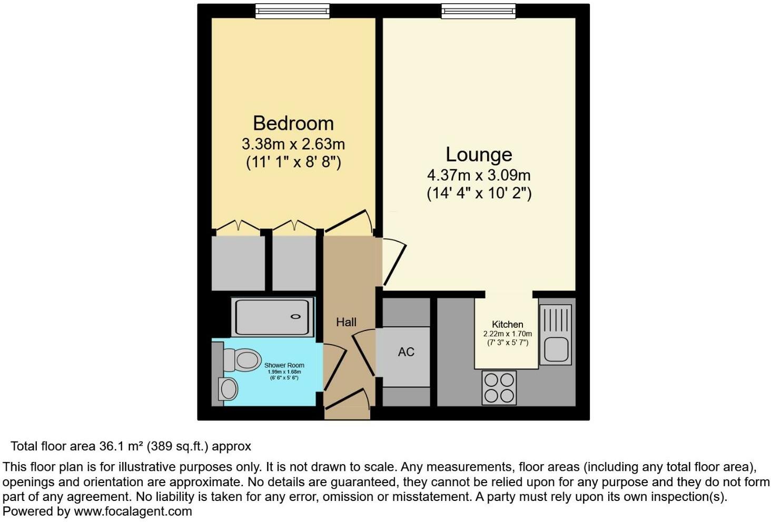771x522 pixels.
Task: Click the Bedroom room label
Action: pos(293,123)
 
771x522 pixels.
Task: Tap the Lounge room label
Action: pos(479,154)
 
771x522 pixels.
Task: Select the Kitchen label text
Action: pos(507,324)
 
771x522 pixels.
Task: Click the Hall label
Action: pos(346,322)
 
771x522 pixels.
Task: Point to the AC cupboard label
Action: pos(406,352)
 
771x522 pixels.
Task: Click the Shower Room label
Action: pos(284,365)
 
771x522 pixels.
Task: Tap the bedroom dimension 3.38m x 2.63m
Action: pos(293,144)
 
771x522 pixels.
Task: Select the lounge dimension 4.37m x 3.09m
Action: pos(479,175)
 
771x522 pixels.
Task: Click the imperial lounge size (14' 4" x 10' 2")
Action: pos(479,193)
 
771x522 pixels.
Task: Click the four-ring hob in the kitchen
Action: pos(499,387)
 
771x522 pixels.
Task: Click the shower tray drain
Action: pos(295,317)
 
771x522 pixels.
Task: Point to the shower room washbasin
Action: pos(228,389)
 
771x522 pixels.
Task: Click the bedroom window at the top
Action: pos(292,11)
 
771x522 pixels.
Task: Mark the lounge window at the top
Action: pos(478,11)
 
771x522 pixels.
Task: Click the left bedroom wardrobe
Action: pos(238,263)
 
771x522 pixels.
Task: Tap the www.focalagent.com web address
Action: pos(133,511)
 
